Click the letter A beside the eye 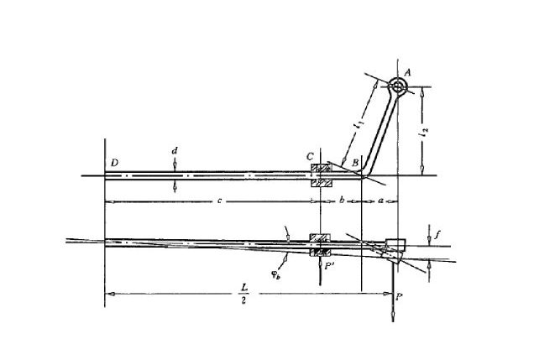coord(407,72)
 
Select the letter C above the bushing coord(310,157)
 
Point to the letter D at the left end coord(112,160)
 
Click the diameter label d coord(174,151)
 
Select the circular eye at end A coord(396,86)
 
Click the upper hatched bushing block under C coord(322,169)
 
